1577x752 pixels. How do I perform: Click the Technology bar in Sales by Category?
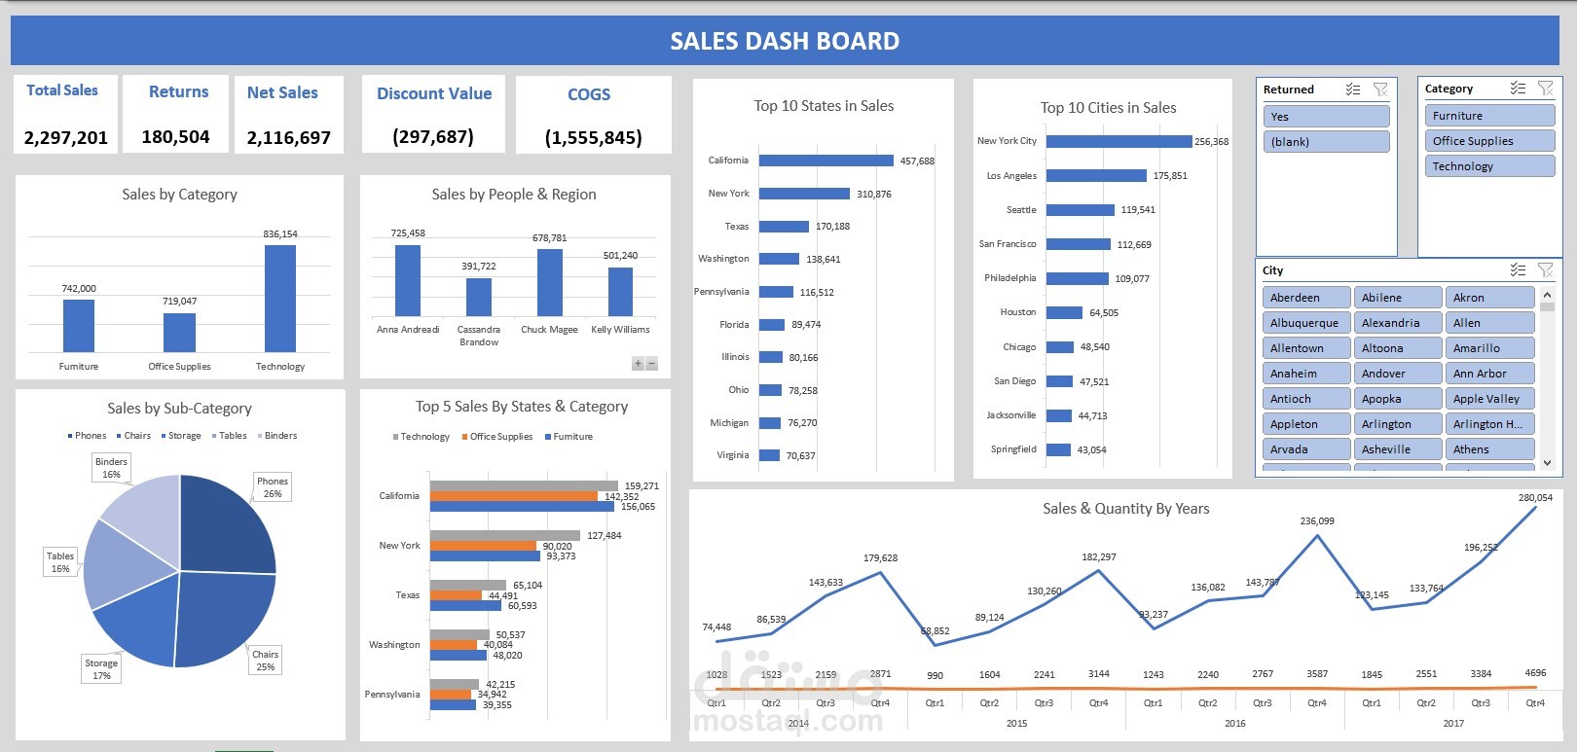tap(280, 298)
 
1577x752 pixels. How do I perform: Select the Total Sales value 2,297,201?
tap(66, 137)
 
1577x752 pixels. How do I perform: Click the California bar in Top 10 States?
tap(825, 161)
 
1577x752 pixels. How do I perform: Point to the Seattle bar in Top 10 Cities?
tap(1080, 210)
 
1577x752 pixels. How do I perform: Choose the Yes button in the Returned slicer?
tap(1326, 117)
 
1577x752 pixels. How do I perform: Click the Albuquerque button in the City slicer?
tap(1305, 323)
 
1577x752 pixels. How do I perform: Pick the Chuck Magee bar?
tap(550, 282)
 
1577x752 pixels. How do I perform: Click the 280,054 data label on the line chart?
tap(1535, 497)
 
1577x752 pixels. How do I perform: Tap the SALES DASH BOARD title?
tap(785, 41)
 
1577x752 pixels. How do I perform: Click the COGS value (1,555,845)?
tap(594, 137)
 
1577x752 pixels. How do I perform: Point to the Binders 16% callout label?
tap(112, 468)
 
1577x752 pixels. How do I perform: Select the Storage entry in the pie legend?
tap(182, 436)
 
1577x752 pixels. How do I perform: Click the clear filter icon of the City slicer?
tap(1545, 269)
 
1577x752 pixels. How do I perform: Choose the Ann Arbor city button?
tap(1489, 374)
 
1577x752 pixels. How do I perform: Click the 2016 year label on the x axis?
tap(1234, 723)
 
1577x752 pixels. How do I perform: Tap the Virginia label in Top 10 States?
tap(733, 455)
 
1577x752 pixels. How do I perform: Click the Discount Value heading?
tap(434, 93)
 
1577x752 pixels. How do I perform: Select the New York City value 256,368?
tap(1211, 142)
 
